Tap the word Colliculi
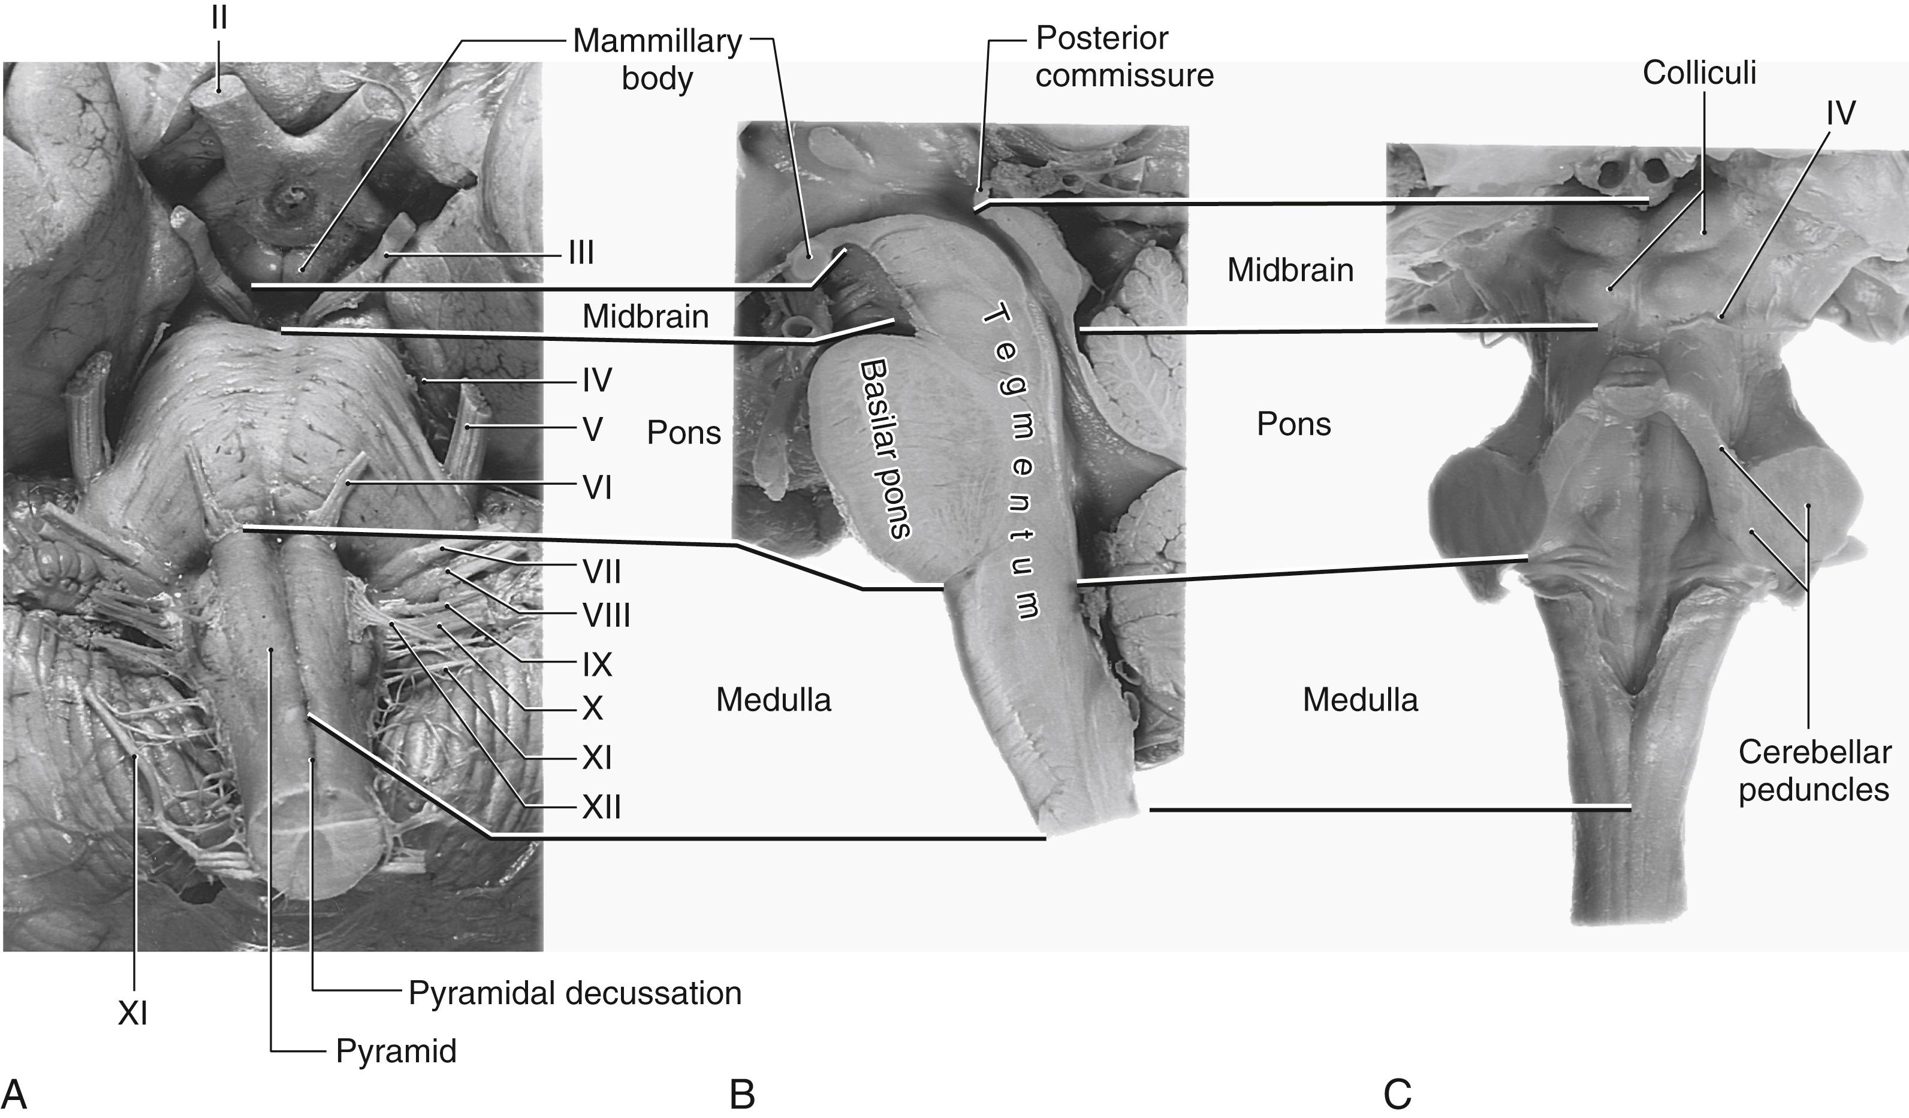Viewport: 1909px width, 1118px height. [1699, 72]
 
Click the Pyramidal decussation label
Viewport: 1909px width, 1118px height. [574, 993]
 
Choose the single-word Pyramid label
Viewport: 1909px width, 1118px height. [396, 1051]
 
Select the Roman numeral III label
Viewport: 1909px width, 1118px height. [581, 253]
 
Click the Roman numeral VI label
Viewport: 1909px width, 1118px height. [597, 488]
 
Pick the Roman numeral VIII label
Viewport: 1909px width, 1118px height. [606, 616]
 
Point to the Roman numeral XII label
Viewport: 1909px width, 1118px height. [602, 808]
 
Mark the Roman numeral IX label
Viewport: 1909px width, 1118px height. [597, 665]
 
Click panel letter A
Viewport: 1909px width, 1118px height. [15, 1095]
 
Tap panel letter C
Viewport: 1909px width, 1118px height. [1398, 1095]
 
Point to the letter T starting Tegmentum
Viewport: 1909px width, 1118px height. [994, 313]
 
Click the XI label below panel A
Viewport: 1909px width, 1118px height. [132, 1013]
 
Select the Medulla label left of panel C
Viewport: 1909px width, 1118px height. [1360, 700]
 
